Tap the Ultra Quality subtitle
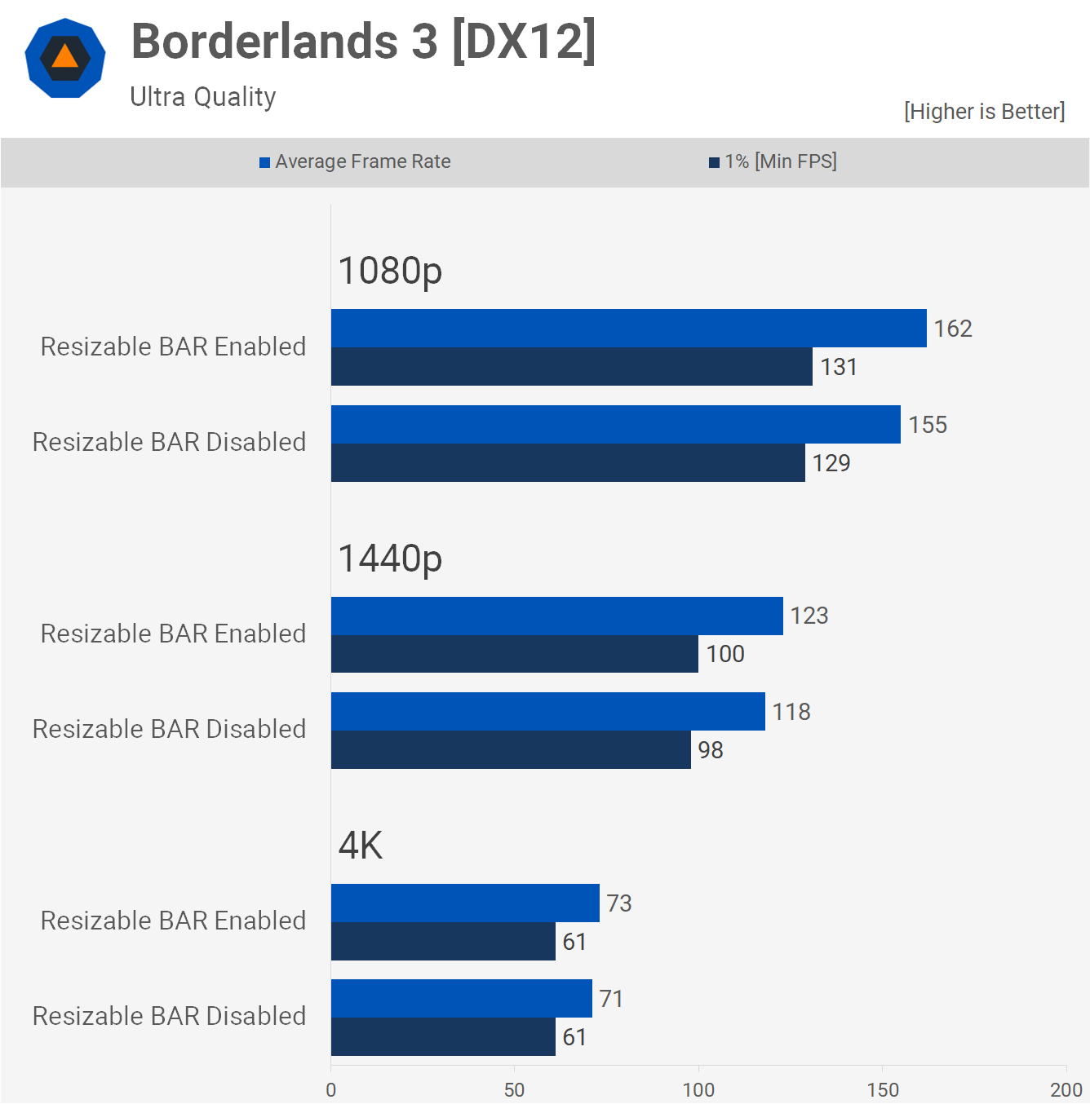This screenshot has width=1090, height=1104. coord(203,97)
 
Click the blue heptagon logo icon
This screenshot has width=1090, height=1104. coord(65,58)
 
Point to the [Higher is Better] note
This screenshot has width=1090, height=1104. coord(984,112)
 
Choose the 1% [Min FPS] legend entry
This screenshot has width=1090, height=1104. coord(773,161)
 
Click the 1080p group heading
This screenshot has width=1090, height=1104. coord(390,271)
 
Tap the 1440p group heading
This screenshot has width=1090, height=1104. coord(390,559)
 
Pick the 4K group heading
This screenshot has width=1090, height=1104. coord(360,846)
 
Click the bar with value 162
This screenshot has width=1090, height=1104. coord(628,329)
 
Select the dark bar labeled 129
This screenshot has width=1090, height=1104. coord(568,463)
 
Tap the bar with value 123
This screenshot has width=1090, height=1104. coord(556,616)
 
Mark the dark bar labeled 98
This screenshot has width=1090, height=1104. coord(511,750)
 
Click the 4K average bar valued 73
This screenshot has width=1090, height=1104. coord(465,903)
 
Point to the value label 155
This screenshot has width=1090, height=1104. coord(928,425)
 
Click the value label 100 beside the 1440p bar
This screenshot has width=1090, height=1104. coord(725,654)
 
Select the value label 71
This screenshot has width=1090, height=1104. coord(611,999)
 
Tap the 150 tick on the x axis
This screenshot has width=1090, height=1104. coord(883,1090)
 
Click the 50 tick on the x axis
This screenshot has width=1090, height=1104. coord(514,1090)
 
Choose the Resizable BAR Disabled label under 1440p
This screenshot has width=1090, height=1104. coord(169,729)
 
